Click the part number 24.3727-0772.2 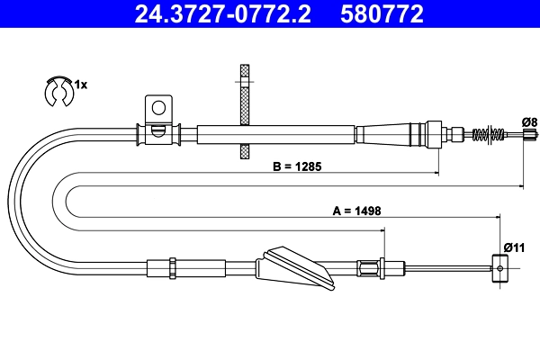[x=223, y=13]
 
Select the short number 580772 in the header [x=382, y=13]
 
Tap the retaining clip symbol [x=59, y=91]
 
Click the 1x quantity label [x=81, y=85]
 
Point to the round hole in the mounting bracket [x=158, y=108]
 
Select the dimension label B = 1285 [x=297, y=166]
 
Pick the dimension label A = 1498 [x=356, y=211]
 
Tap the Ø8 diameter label [x=530, y=122]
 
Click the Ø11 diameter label [x=514, y=247]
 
